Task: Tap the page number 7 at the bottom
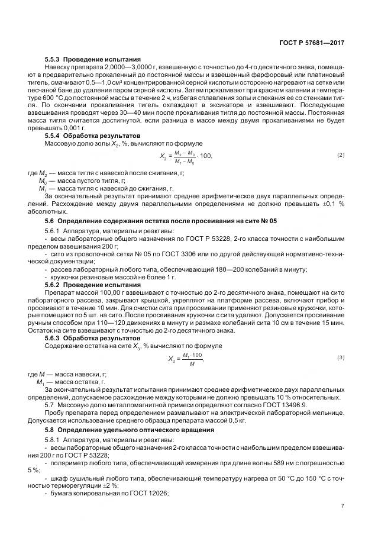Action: (x=342, y=505)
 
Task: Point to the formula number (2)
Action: (x=341, y=155)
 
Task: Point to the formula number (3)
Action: (x=341, y=357)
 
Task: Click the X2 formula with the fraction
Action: (x=186, y=156)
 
